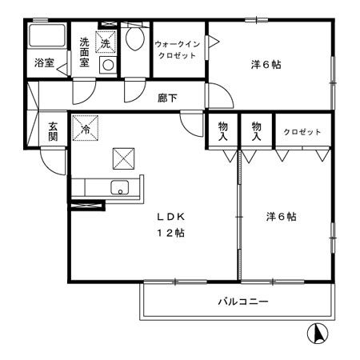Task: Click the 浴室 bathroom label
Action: click(x=44, y=63)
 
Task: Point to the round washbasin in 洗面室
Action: click(x=106, y=66)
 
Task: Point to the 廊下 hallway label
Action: click(x=166, y=98)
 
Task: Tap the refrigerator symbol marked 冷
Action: click(x=83, y=126)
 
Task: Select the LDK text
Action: click(x=170, y=216)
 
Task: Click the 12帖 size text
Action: click(x=170, y=234)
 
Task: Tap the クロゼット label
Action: click(x=302, y=132)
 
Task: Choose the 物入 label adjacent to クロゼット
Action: click(x=256, y=132)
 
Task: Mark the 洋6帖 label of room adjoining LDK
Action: click(x=282, y=216)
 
